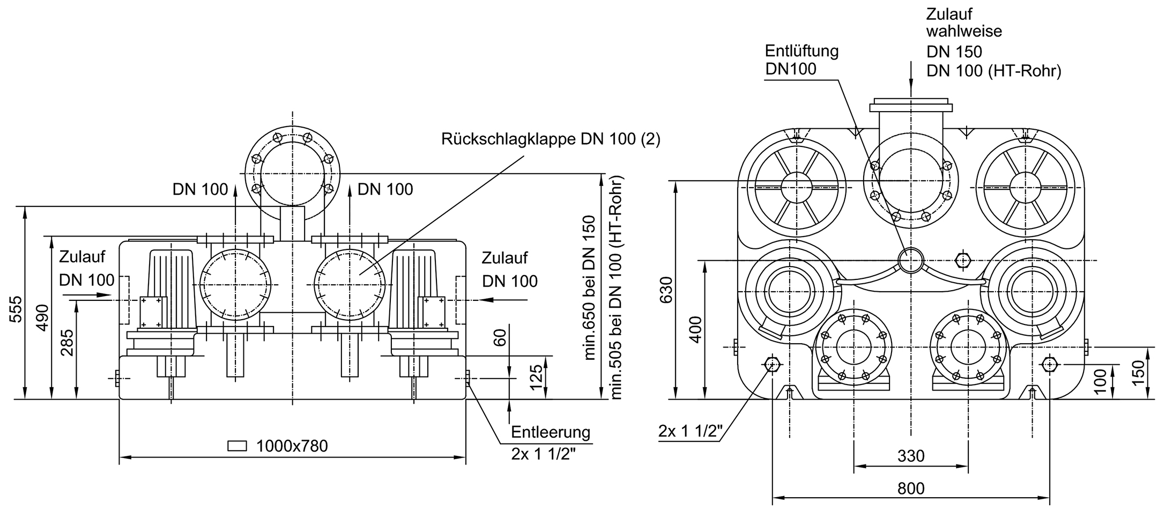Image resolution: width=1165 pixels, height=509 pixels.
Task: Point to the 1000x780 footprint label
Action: click(x=292, y=446)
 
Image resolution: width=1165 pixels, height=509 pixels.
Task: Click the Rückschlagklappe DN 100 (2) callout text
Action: click(x=551, y=139)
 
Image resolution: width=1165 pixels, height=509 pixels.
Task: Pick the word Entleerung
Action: click(x=550, y=432)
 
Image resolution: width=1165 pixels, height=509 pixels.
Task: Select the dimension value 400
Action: click(x=695, y=329)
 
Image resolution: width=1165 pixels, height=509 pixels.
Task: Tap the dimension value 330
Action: click(x=911, y=456)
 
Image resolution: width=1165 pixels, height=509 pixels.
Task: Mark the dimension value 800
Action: click(x=911, y=489)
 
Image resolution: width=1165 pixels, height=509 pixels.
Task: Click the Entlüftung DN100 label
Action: click(x=801, y=60)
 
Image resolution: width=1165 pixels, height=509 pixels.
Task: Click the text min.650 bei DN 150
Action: click(x=590, y=287)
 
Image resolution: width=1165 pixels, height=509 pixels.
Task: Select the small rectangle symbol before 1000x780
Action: click(x=237, y=446)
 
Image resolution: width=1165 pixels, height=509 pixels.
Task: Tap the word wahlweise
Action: click(x=964, y=31)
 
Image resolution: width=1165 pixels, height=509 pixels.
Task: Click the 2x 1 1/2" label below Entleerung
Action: click(x=544, y=454)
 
